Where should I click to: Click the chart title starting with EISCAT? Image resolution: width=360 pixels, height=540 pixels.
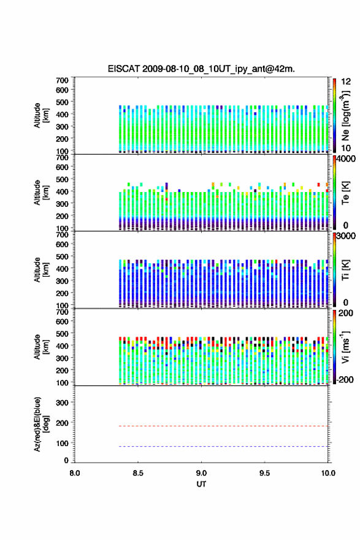(x=201, y=69)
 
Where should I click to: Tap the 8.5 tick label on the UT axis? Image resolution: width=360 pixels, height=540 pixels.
(x=137, y=473)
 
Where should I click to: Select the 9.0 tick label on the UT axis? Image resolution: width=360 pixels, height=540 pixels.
(x=201, y=473)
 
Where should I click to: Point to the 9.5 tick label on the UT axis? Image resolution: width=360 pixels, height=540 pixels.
(x=264, y=473)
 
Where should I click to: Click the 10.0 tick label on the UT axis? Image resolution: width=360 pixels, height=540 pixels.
(x=328, y=473)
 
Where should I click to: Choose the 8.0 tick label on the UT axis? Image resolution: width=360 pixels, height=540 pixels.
(x=74, y=473)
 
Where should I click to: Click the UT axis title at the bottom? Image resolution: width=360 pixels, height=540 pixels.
(x=201, y=484)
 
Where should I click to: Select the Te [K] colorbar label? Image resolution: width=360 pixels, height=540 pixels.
(x=345, y=193)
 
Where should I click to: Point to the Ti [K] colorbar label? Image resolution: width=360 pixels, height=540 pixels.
(x=345, y=271)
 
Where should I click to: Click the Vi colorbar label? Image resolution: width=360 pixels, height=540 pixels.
(x=345, y=347)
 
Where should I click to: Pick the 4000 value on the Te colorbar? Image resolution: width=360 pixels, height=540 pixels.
(x=345, y=159)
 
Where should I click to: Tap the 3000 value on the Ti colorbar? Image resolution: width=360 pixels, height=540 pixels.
(x=345, y=236)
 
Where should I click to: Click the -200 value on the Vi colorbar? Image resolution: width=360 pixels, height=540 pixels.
(x=345, y=379)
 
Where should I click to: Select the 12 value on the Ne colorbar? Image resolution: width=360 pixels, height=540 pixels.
(x=346, y=82)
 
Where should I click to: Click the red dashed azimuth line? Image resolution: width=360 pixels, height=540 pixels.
(x=224, y=426)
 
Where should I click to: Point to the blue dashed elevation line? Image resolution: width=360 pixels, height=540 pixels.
(x=224, y=446)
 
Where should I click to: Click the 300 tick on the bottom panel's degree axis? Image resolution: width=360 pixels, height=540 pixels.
(x=62, y=403)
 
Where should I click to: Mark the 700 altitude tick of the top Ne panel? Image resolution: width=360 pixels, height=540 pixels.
(x=62, y=80)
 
